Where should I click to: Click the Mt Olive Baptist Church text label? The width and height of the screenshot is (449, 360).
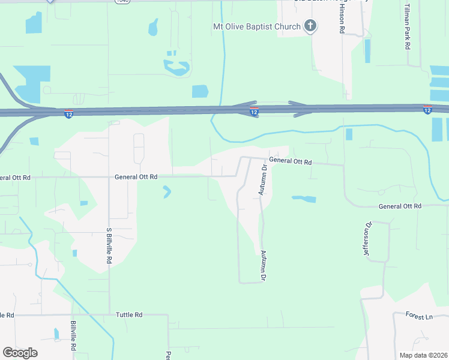[257, 26]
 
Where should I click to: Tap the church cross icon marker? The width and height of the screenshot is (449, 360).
[310, 26]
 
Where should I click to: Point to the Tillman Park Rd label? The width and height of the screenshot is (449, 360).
[406, 26]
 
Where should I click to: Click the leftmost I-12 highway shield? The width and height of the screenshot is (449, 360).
[68, 113]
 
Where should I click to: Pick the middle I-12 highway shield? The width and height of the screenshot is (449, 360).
[254, 112]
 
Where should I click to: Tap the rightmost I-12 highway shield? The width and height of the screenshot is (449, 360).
[427, 109]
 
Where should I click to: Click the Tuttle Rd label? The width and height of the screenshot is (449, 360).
[129, 314]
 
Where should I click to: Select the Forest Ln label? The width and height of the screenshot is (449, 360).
[418, 316]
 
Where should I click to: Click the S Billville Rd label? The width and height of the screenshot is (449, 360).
[109, 246]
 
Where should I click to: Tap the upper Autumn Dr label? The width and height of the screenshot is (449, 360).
[262, 179]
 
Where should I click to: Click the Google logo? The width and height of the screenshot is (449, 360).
[20, 352]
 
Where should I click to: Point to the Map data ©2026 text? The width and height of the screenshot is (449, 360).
[423, 355]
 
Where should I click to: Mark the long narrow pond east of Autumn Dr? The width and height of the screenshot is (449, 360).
[304, 199]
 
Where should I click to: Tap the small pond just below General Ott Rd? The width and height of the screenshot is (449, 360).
[166, 192]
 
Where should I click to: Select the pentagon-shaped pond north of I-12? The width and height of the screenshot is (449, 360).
[200, 91]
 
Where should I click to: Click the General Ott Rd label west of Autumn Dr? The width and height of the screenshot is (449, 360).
[136, 177]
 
